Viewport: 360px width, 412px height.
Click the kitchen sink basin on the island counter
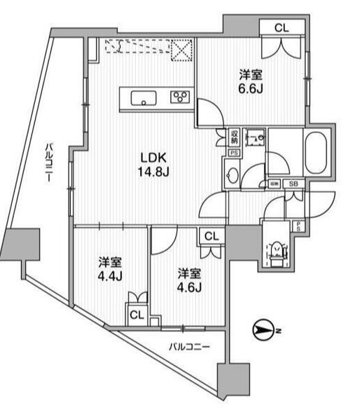pyautogui.click(x=145, y=98)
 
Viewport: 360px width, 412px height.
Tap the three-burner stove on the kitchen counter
pyautogui.click(x=180, y=98)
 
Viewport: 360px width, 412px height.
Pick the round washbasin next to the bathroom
pyautogui.click(x=233, y=174)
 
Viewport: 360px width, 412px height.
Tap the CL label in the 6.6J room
pyautogui.click(x=280, y=28)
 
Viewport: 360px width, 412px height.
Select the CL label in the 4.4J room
pyautogui.click(x=137, y=315)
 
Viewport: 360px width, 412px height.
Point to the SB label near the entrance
pyautogui.click(x=293, y=184)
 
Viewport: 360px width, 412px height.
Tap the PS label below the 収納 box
pyautogui.click(x=234, y=151)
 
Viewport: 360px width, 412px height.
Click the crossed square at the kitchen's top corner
pyautogui.click(x=184, y=50)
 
